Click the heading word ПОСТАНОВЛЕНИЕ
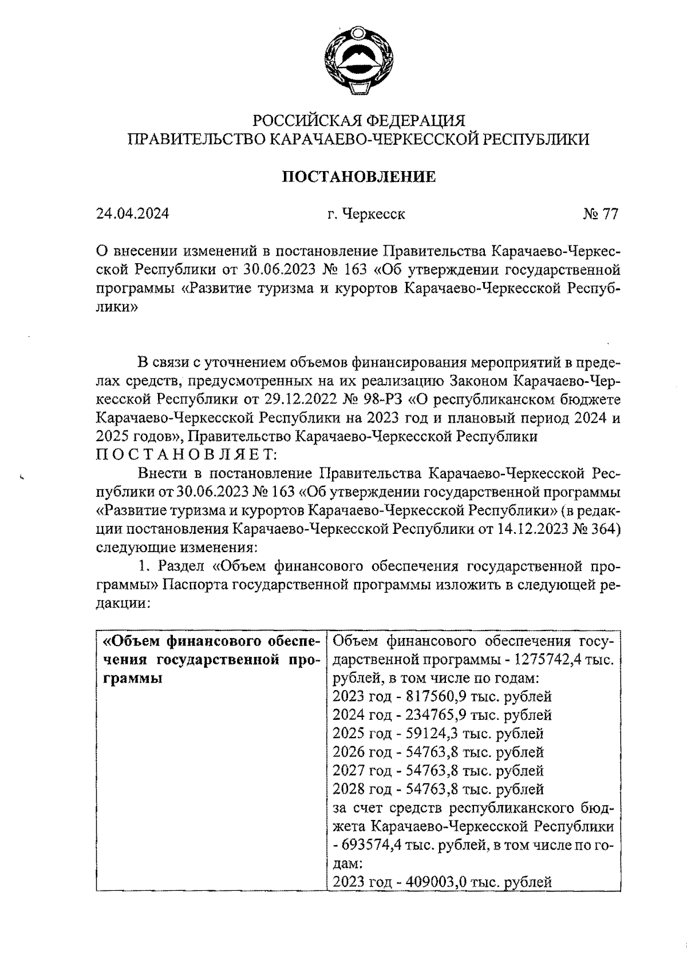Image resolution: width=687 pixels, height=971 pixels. [x=359, y=177]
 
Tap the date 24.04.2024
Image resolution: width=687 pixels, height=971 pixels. [x=133, y=214]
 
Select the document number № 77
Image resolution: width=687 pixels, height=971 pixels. [x=601, y=214]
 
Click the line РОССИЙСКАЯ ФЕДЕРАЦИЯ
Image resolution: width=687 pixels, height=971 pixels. [x=359, y=121]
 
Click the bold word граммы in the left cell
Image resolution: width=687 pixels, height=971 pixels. [x=132, y=679]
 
